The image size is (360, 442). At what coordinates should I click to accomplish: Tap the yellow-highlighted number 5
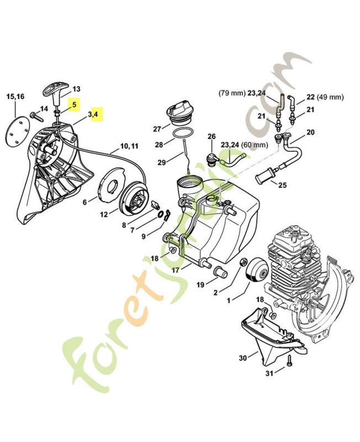coord(75,103)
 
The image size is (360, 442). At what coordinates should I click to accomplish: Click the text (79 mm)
coord(231,93)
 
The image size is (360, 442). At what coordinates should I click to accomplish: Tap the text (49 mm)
coord(332,97)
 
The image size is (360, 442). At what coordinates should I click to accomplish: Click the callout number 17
coord(174,270)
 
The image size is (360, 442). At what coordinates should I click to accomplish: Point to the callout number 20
coord(310,132)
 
